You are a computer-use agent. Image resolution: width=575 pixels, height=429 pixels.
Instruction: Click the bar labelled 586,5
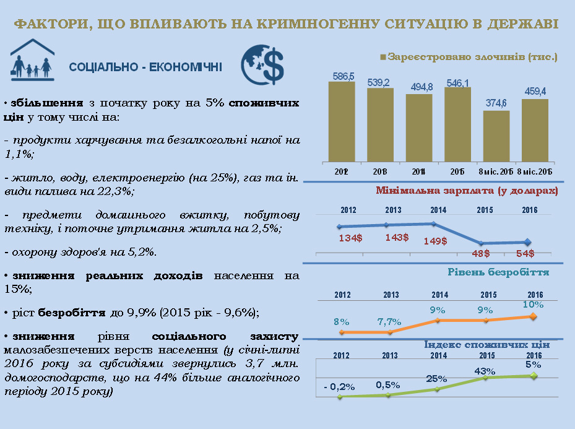[342, 121]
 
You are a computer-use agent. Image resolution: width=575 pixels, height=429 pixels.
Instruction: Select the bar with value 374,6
[496, 136]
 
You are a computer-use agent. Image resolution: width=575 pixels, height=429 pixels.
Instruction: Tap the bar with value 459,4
[535, 129]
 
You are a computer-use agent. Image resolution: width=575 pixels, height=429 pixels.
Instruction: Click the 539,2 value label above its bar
[379, 82]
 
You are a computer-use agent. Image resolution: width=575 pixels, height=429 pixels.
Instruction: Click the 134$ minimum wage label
[350, 238]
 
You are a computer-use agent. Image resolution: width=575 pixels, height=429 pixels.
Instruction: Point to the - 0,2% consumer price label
[339, 386]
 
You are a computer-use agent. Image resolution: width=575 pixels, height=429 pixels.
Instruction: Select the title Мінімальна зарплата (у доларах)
[467, 190]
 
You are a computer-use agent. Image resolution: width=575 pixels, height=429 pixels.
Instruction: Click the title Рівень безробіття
[497, 271]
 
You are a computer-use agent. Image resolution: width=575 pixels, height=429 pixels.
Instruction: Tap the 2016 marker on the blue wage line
[527, 242]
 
